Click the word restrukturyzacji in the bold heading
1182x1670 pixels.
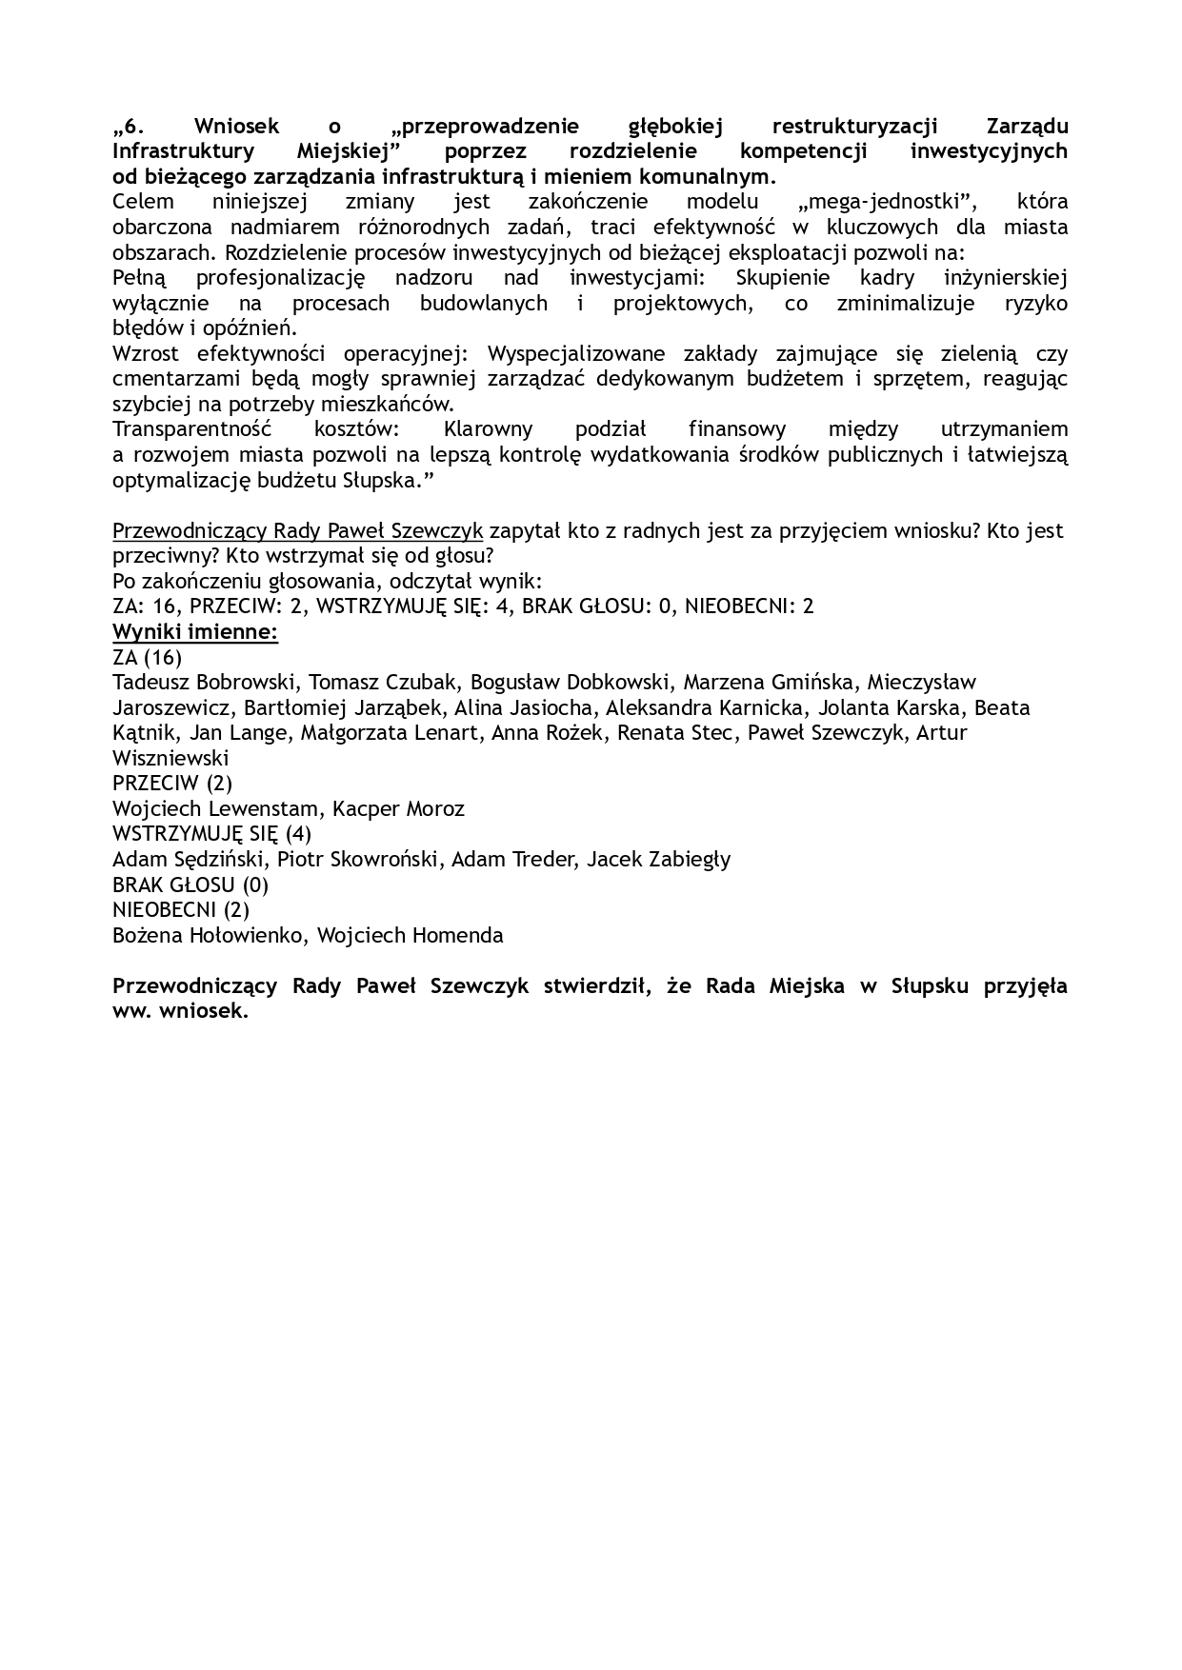click(854, 126)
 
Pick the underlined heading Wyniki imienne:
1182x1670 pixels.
click(195, 632)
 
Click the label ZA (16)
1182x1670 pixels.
click(147, 657)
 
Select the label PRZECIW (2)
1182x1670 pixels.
click(172, 784)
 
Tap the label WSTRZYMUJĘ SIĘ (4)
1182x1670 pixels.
click(211, 834)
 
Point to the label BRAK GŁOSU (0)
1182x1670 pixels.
click(190, 885)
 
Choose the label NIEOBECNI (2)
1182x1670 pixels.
click(181, 909)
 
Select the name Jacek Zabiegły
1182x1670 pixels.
click(659, 860)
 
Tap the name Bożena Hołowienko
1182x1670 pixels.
click(209, 935)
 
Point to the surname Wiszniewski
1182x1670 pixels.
click(170, 759)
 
